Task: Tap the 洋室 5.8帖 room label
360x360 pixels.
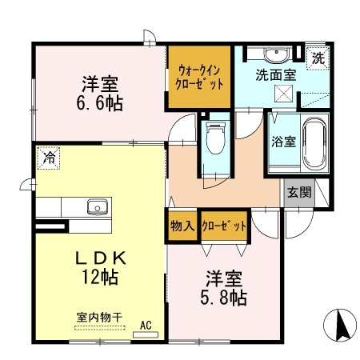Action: point(217,289)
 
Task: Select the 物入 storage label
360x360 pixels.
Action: point(182,226)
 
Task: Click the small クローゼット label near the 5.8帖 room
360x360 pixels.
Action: point(223,226)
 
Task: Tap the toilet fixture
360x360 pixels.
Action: point(214,141)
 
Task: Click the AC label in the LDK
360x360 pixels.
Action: point(146,325)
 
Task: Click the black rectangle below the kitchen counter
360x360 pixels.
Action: point(50,228)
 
